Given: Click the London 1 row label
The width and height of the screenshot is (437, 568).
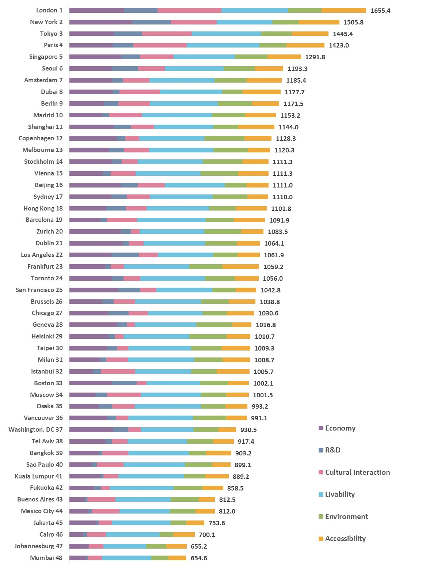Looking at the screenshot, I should pos(49,10).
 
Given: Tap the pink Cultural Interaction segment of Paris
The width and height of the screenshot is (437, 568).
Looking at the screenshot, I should pos(160,45).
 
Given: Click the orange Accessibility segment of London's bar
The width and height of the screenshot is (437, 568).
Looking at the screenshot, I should pos(343,10).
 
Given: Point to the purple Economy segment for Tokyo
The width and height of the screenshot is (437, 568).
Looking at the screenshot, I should pos(91,34).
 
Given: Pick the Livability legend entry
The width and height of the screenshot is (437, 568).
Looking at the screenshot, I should pos(340,494).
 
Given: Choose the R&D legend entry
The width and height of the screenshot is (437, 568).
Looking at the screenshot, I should pos(332,450).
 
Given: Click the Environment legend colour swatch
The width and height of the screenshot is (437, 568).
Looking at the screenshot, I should pos(321,516).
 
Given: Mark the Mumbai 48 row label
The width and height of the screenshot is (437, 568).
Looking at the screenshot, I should pos(46,558).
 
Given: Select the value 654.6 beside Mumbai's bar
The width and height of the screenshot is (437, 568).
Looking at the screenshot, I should pos(199,558).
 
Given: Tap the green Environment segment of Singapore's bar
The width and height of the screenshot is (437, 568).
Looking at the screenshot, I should pos(251,57).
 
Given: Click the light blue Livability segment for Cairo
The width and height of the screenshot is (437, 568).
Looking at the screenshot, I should pos(133,534).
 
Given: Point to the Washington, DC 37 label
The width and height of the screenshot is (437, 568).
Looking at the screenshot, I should pos(35,429).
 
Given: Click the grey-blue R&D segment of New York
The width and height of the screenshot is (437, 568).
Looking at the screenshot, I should pos(152,22).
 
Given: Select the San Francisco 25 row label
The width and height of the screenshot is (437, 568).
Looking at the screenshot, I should pos(39,290).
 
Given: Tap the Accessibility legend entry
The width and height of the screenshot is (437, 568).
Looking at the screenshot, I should pos(345,538).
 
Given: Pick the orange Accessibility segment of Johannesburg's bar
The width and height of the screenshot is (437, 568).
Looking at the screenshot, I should pos(176,546).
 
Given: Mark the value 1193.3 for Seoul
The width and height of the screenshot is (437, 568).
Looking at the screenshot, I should pos(297,69).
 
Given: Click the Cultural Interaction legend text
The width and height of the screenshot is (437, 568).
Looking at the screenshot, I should pos(357,472).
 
